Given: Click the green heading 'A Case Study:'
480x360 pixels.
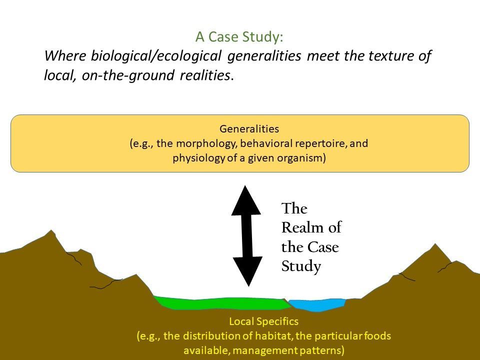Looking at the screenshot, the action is click(x=239, y=36).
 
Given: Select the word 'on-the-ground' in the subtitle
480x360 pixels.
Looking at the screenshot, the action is click(x=127, y=75).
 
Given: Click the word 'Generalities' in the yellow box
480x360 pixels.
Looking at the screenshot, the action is click(x=249, y=128).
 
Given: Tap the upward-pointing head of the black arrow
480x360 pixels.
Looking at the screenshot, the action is click(x=246, y=200).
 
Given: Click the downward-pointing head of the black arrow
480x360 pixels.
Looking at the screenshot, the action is click(x=248, y=271).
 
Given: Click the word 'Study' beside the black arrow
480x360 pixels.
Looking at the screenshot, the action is click(x=301, y=266).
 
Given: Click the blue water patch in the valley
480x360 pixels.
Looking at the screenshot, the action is click(x=317, y=305).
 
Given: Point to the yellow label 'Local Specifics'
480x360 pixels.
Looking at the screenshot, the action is click(x=264, y=321).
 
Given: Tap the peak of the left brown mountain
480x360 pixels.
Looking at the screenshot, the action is click(x=51, y=230).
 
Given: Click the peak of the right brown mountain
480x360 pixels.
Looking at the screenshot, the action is click(x=435, y=244).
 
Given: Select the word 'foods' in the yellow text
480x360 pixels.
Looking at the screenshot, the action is click(x=377, y=336).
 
